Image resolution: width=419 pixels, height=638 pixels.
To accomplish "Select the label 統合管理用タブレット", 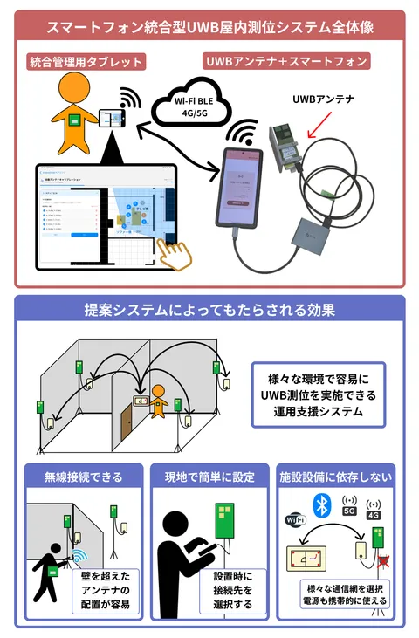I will click(86, 62).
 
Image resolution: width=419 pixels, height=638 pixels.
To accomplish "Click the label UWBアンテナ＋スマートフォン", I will click(286, 62).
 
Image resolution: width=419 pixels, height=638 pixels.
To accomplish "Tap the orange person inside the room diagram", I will click(157, 401).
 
